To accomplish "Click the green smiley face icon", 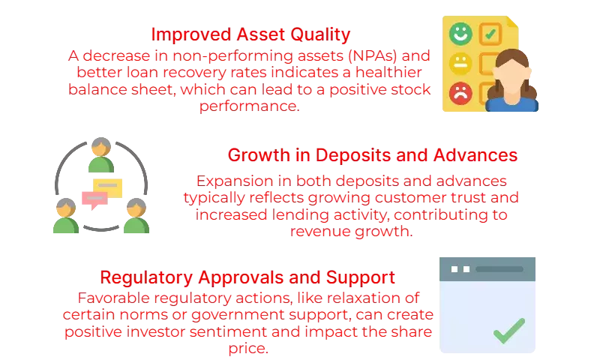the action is point(460,34).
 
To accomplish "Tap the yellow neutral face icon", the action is point(460,64).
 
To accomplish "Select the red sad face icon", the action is point(460,93).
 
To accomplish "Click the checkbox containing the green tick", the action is point(490,34).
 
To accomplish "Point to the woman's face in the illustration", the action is point(512,79).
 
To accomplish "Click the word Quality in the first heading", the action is point(320,34).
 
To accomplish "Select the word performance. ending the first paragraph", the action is point(250,106).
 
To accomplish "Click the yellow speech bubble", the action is point(108,187).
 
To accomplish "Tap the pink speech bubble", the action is point(94,199).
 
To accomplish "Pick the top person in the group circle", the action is point(101,155).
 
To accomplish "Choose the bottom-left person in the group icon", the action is point(66,215).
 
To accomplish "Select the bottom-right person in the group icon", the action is point(136,215).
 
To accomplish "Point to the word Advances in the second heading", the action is point(475,155).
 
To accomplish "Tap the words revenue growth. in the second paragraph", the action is point(351,231).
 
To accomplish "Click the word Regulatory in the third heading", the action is point(146,277).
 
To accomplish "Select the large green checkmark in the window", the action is point(509,331).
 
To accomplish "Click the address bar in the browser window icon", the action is point(499,269).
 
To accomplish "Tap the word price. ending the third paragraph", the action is point(248,348).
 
